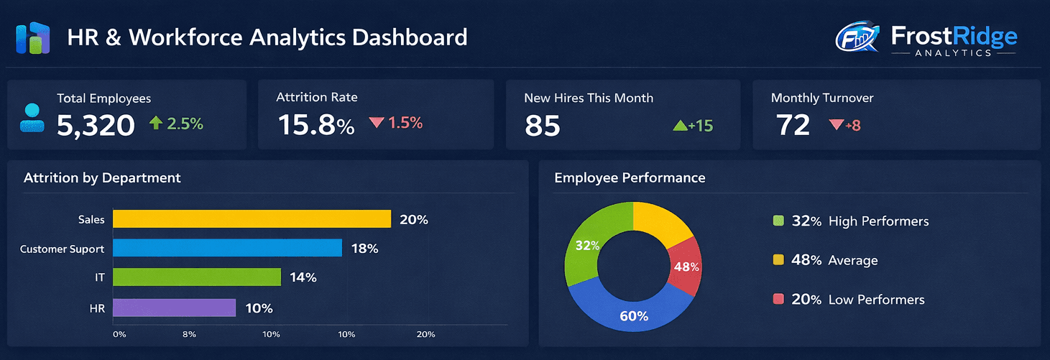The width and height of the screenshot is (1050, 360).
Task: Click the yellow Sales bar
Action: (x=252, y=219)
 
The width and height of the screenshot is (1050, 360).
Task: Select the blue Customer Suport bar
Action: (x=227, y=248)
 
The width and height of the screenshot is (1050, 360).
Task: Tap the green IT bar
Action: (x=197, y=277)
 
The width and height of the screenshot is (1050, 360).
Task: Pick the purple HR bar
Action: (x=174, y=308)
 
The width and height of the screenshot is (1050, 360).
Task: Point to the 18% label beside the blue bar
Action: (x=364, y=249)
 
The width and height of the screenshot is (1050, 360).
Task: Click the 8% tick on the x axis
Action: (x=190, y=334)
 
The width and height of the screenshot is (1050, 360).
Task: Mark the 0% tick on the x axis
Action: (x=119, y=334)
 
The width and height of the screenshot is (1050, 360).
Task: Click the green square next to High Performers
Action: (x=778, y=221)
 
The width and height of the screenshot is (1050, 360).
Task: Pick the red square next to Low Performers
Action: (x=778, y=300)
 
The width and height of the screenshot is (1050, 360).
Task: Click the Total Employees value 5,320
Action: (x=96, y=125)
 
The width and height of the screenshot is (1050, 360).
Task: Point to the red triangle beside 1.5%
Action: (x=377, y=123)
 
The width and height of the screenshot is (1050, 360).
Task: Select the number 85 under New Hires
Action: (x=542, y=126)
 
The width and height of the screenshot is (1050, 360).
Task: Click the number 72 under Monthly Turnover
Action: (x=793, y=126)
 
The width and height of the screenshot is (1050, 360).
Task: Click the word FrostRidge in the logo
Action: (x=954, y=36)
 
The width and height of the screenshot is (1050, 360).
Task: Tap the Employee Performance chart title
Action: (x=630, y=177)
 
